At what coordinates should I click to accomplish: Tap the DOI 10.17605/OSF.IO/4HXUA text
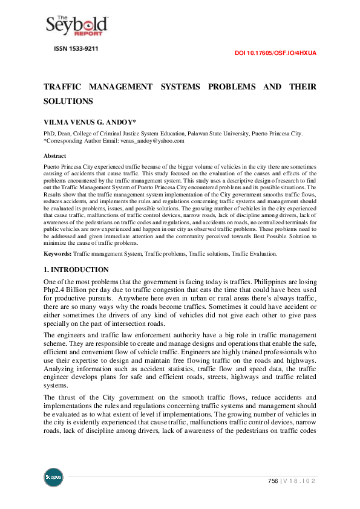275,53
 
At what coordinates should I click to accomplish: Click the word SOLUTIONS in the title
68,101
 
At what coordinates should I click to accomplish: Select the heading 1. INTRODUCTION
76,270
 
